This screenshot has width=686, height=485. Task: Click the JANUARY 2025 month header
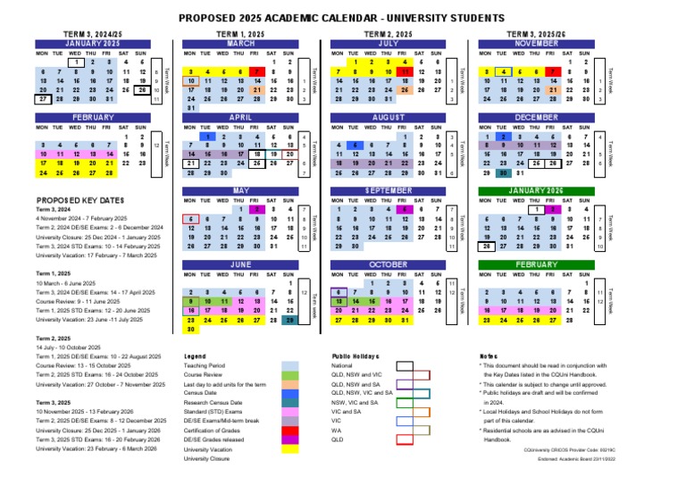(92, 43)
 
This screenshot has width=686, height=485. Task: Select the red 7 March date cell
(256, 71)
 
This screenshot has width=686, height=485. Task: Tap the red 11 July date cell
(405, 71)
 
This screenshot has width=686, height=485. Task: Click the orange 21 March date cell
(256, 90)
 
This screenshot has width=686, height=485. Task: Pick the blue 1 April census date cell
(207, 137)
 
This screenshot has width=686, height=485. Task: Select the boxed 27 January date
(43, 99)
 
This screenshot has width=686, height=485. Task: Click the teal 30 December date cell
(504, 173)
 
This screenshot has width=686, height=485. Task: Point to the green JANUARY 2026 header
(536, 191)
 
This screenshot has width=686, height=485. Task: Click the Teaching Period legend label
(205, 365)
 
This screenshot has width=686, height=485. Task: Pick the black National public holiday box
(403, 365)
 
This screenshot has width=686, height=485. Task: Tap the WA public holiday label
(338, 430)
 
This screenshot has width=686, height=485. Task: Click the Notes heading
(488, 355)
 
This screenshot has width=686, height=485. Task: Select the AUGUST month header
(389, 117)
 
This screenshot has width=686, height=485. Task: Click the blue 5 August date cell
(356, 146)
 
